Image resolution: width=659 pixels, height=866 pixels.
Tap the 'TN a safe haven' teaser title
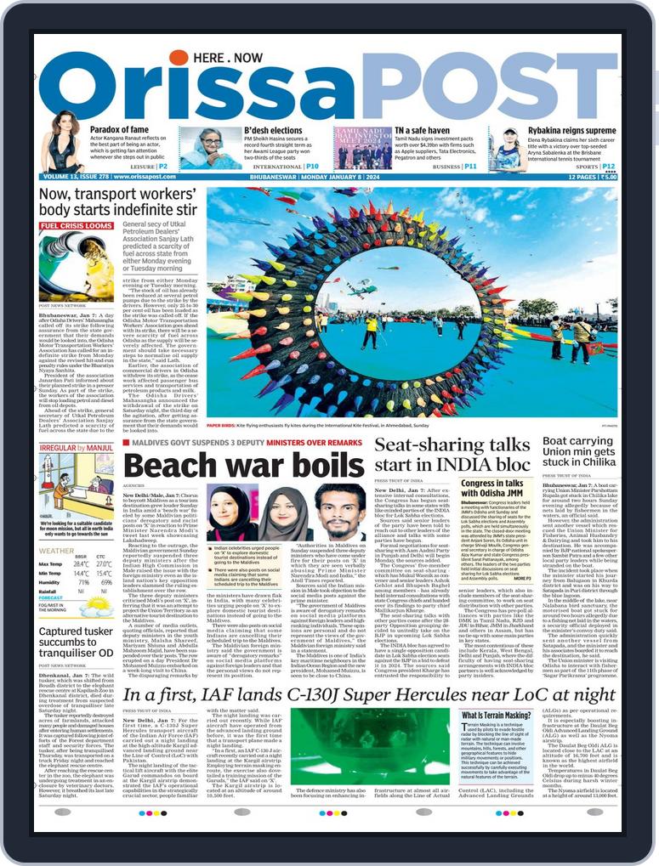pyautogui.click(x=423, y=131)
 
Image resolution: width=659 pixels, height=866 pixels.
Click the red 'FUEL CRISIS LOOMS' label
pyautogui.click(x=77, y=227)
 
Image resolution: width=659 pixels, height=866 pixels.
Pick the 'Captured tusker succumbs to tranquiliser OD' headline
pyautogui.click(x=77, y=642)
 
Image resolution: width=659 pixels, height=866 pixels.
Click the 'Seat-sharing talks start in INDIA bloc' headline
pyautogui.click(x=452, y=456)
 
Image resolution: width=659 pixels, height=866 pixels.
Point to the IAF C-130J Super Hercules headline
pyautogui.click(x=369, y=695)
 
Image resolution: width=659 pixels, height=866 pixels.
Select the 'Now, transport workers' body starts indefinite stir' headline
pyautogui.click(x=118, y=201)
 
